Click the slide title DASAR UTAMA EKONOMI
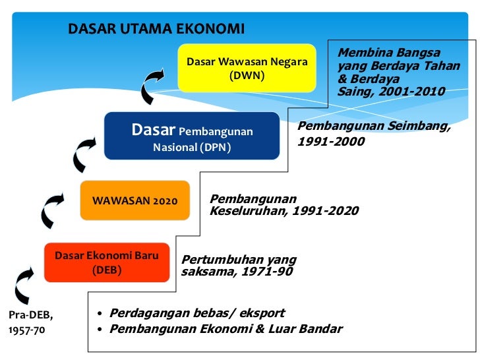tap(156, 29)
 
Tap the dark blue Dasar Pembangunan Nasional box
tap(192, 136)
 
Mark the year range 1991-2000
tap(331, 141)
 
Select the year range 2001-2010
tap(409, 92)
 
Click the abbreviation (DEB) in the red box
tap(107, 269)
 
